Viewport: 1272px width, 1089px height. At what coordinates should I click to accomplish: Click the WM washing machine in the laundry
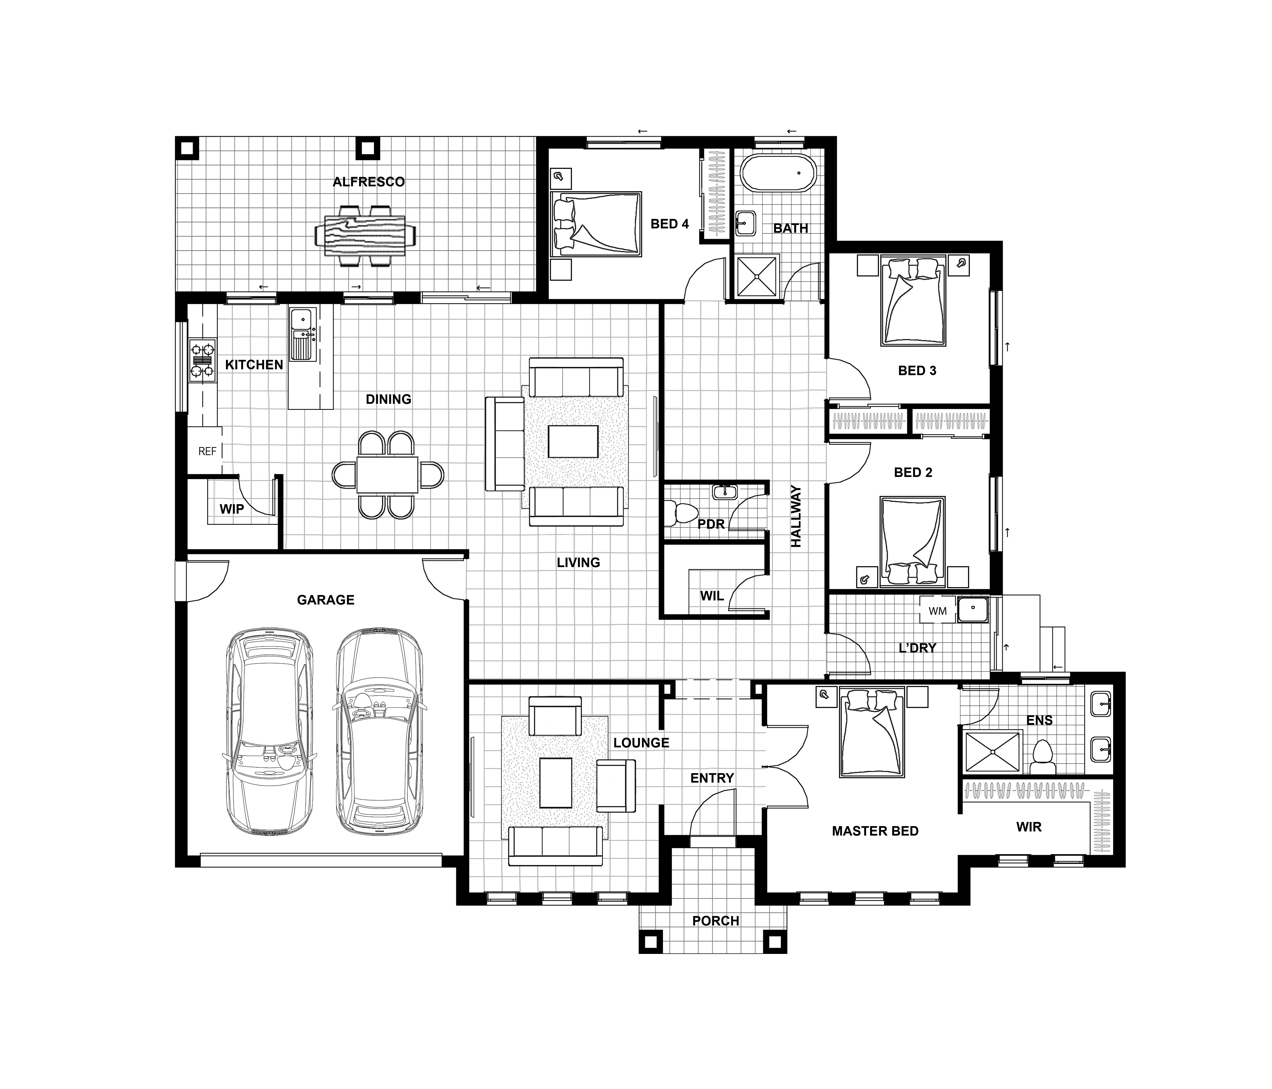pos(937,611)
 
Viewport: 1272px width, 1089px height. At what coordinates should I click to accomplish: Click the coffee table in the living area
pos(573,441)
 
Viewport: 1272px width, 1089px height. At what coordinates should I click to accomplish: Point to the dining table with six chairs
pos(387,475)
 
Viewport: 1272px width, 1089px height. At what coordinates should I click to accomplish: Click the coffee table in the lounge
pos(556,783)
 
